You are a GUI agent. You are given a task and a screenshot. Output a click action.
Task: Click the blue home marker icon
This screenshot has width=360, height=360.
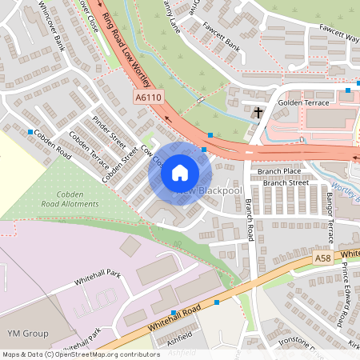click(180, 173)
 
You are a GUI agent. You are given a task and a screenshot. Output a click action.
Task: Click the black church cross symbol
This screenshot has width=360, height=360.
click(258, 113)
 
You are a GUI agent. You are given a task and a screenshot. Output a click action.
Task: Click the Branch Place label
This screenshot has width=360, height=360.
click(281, 170)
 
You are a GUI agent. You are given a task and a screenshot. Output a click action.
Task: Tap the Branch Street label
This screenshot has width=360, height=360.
click(286, 182)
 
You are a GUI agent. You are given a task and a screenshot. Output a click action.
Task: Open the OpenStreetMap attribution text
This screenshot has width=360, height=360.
click(81, 354)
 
